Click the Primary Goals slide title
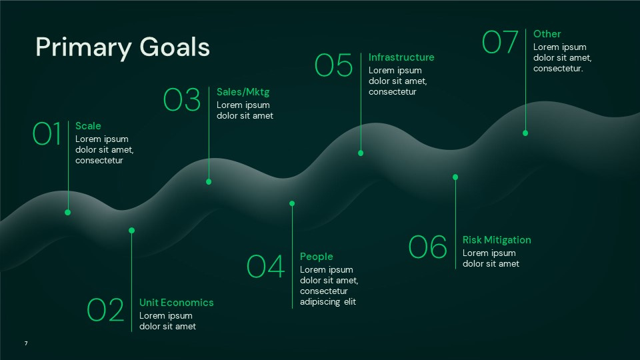123,47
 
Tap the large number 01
47,133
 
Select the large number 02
106,310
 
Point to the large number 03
182,99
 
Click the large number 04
265,267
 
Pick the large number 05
333,65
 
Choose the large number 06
427,247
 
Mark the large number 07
500,42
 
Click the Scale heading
88,126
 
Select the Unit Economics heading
177,303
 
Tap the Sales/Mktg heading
243,92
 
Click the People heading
316,257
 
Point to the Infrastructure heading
401,57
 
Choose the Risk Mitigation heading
497,240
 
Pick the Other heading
547,34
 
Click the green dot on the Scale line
67,212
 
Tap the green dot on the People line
292,203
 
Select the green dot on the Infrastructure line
361,153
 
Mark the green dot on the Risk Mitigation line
455,177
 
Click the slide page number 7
26,343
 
